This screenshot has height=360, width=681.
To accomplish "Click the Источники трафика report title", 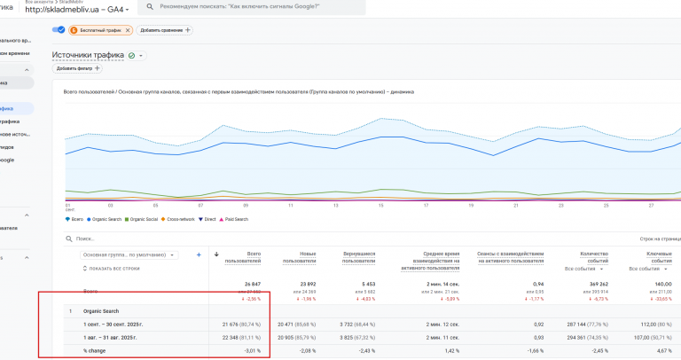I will click(88, 55).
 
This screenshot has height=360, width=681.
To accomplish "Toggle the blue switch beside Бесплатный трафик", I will click(59, 30).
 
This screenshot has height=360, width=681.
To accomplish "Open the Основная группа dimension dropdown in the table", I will click(129, 254).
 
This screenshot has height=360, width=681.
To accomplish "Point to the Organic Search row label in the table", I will click(101, 311).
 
